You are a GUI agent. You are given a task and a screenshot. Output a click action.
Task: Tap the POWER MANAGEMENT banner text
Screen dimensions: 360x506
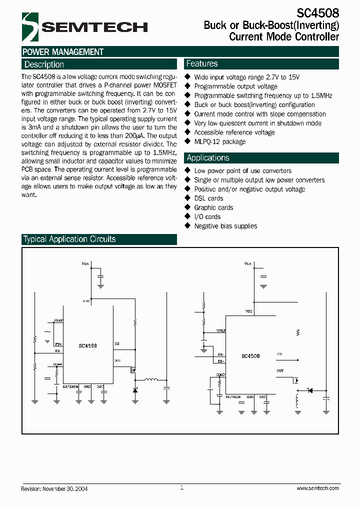(x=63, y=52)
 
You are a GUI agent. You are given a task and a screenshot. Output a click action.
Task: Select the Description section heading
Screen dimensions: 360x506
(x=44, y=64)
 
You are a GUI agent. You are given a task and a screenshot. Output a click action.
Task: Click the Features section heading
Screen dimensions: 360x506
(x=202, y=63)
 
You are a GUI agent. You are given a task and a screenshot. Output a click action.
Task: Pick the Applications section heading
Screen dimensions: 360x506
(x=208, y=158)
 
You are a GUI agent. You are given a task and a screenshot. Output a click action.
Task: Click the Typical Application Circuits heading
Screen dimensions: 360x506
(x=69, y=239)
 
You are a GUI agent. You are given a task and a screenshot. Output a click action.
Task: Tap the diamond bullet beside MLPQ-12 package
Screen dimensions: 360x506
(x=188, y=141)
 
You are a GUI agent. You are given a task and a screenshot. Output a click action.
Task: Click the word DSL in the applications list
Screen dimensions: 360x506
(x=200, y=198)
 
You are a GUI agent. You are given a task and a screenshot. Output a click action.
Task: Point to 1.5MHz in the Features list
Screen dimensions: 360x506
(x=320, y=95)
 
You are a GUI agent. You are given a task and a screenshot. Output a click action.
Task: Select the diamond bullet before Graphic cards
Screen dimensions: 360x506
(x=188, y=207)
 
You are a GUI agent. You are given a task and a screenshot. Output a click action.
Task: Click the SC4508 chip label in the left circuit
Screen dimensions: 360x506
(x=88, y=345)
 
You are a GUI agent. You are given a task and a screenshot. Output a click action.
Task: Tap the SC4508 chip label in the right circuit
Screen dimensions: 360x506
(x=250, y=356)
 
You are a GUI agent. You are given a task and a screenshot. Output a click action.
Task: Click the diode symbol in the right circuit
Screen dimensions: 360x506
(x=309, y=390)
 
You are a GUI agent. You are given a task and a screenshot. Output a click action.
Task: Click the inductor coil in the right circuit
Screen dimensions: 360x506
(x=298, y=401)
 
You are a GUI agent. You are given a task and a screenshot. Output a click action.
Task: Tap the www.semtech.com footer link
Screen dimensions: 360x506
(x=317, y=488)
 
